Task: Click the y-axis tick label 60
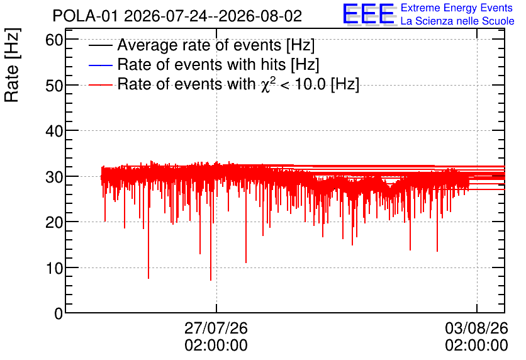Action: [54, 40]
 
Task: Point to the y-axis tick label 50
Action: [54, 86]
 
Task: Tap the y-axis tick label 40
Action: [54, 131]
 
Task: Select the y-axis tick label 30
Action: [54, 177]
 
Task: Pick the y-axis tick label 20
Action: [54, 222]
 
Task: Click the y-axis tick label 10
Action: [54, 268]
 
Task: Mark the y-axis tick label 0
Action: [59, 313]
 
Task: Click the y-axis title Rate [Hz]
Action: [12, 65]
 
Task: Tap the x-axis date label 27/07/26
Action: [216, 328]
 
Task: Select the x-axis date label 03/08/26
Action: [476, 328]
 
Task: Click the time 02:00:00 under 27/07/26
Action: [216, 346]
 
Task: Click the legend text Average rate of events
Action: [199, 45]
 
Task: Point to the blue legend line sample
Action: [100, 65]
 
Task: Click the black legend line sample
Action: [100, 45]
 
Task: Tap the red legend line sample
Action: [100, 85]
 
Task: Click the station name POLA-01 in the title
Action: [86, 16]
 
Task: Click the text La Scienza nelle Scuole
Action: [457, 21]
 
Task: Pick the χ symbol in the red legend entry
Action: [265, 86]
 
